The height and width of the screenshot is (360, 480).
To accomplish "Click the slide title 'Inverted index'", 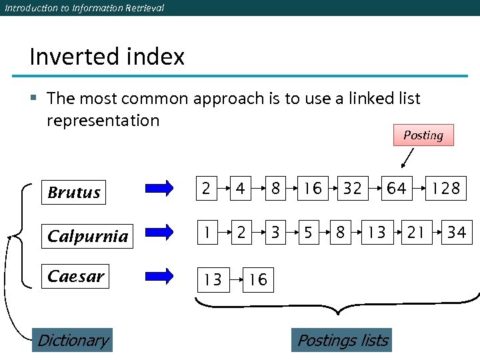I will pos(107,57).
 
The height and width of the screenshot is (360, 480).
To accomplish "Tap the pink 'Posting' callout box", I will pos(423,135).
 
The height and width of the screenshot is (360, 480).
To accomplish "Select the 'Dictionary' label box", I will pos(73,341).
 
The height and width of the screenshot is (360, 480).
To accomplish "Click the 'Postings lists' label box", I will pos(342,341).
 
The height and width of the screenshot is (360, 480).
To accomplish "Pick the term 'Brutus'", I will pos(74,193).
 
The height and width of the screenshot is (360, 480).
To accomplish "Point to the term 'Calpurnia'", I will pos(87,236).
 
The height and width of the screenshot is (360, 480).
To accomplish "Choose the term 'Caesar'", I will pos(76,276).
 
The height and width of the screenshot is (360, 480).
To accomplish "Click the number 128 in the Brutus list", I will pos(445,189).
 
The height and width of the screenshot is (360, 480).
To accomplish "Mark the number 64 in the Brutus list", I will pos(397,189).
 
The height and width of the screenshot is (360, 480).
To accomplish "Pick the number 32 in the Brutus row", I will pos(352,189).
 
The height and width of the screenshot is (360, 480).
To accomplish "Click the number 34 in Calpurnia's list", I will pos(457,232).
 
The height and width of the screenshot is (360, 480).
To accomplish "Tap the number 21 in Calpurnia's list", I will pos(416,232).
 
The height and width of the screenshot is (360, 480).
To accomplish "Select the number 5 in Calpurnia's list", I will pos(308,232).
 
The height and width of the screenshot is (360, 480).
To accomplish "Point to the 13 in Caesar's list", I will pos(213,279).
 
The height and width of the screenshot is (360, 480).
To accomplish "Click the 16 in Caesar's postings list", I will pos(258,279).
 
